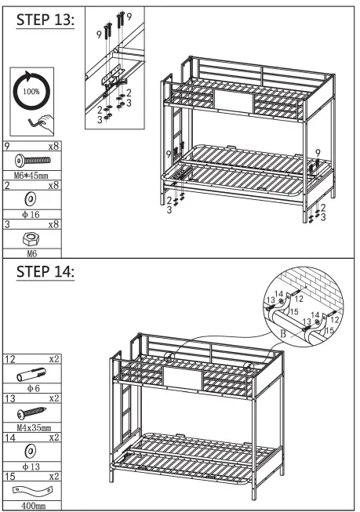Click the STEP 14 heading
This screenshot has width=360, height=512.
(45, 273)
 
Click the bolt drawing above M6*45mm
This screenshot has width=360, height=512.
(33, 160)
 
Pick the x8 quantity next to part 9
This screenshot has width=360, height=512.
(53, 146)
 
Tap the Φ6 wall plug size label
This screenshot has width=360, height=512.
(31, 387)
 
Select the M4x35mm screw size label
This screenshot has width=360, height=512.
(33, 427)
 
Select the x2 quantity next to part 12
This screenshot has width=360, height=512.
(53, 359)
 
